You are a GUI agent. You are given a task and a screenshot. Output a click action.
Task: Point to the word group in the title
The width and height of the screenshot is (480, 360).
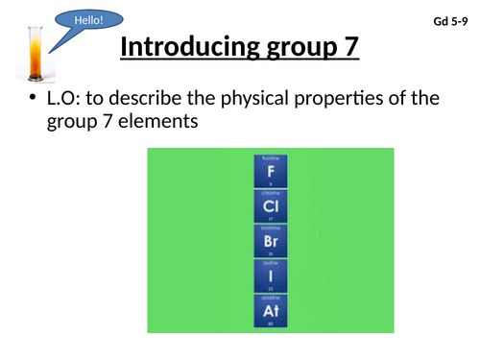(292, 47)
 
